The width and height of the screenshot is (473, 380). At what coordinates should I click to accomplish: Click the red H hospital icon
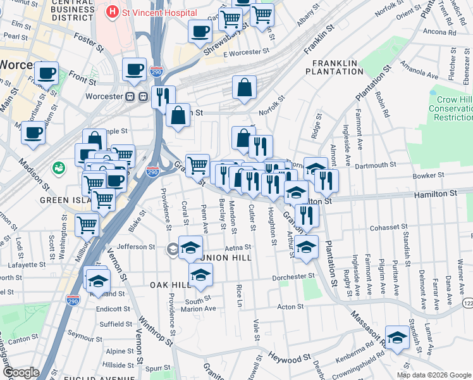coord(113,11)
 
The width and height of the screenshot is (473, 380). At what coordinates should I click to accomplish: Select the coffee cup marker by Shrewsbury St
coord(200,31)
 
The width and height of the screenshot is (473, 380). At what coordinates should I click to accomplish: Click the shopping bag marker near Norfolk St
coord(244,88)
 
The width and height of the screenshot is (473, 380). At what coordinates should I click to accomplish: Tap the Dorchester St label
coord(293,277)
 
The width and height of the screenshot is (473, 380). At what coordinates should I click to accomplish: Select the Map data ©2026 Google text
coord(433,375)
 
